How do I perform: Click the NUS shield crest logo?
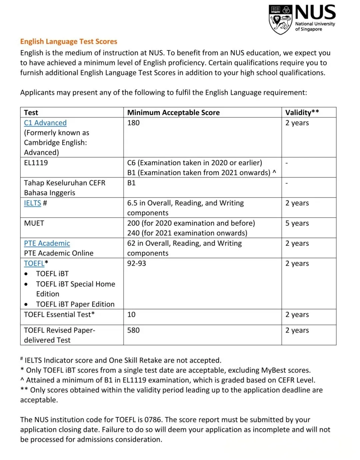click(x=281, y=19)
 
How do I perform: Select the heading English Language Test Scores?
click(x=69, y=42)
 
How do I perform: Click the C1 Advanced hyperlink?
click(x=45, y=123)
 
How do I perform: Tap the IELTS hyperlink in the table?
click(x=32, y=203)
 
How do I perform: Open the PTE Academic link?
click(x=47, y=243)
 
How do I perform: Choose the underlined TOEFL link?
click(x=34, y=263)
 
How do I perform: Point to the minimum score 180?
click(x=133, y=123)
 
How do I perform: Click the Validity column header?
click(x=302, y=113)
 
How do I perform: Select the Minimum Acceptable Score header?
click(x=173, y=113)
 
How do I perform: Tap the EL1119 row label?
click(x=36, y=163)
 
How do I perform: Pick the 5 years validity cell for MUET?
click(x=297, y=223)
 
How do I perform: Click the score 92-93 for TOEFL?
click(x=137, y=263)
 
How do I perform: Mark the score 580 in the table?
click(x=133, y=330)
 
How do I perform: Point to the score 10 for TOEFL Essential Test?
click(x=131, y=315)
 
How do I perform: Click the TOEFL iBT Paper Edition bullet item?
click(x=75, y=304)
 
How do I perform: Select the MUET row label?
click(x=34, y=223)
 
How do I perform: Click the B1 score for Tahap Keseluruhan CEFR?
click(x=131, y=183)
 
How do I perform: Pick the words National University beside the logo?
click(x=315, y=24)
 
